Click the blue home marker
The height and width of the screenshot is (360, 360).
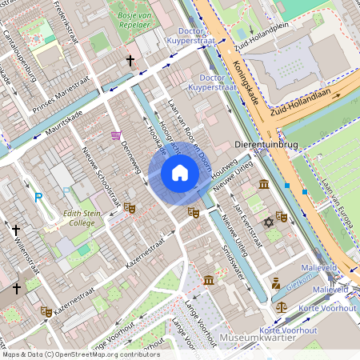tap(180, 173)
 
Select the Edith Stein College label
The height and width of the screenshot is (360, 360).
tap(81, 218)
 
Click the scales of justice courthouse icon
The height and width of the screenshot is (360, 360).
tap(281, 306)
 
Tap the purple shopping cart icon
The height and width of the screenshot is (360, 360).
tap(116, 136)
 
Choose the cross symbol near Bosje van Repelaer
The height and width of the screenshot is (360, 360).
tap(130, 61)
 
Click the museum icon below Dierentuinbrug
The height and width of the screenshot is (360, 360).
tap(264, 186)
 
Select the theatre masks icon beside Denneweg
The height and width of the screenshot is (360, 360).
tap(130, 208)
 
